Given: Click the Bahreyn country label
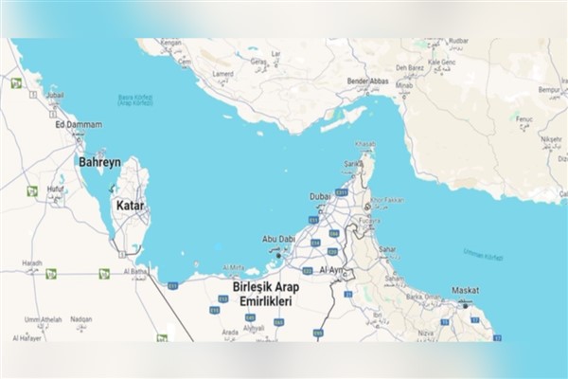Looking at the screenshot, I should [x=99, y=163].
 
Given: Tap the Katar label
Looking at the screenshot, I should [x=130, y=205].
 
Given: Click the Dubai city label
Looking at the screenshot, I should [x=319, y=196].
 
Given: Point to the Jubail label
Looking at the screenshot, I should [x=54, y=96].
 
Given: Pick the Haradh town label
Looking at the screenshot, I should [x=33, y=262].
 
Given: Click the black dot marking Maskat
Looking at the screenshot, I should [x=465, y=305].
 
